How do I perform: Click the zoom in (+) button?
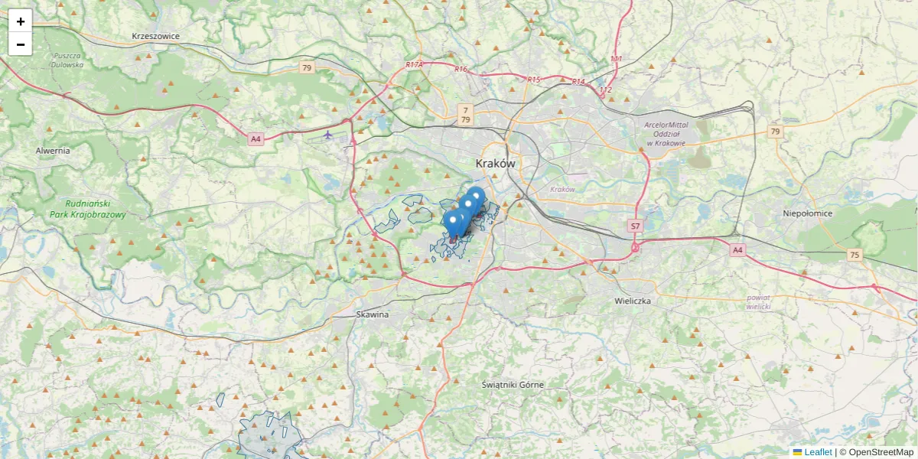point(21,21)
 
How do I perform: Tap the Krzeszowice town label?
point(155,36)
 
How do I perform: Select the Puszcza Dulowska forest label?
point(67,60)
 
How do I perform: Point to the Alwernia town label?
point(53,151)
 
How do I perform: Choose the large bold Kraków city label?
point(495,164)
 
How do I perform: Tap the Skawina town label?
point(373,314)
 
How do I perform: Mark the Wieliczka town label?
point(633,301)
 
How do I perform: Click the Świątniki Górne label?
point(513,385)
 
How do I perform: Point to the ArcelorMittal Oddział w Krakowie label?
point(666,133)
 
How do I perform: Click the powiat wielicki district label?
point(758,301)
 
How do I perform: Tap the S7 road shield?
point(634,226)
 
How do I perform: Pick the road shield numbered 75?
point(855,255)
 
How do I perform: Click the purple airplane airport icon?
point(328,135)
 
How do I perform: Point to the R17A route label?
point(414,66)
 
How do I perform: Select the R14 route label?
point(578,82)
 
